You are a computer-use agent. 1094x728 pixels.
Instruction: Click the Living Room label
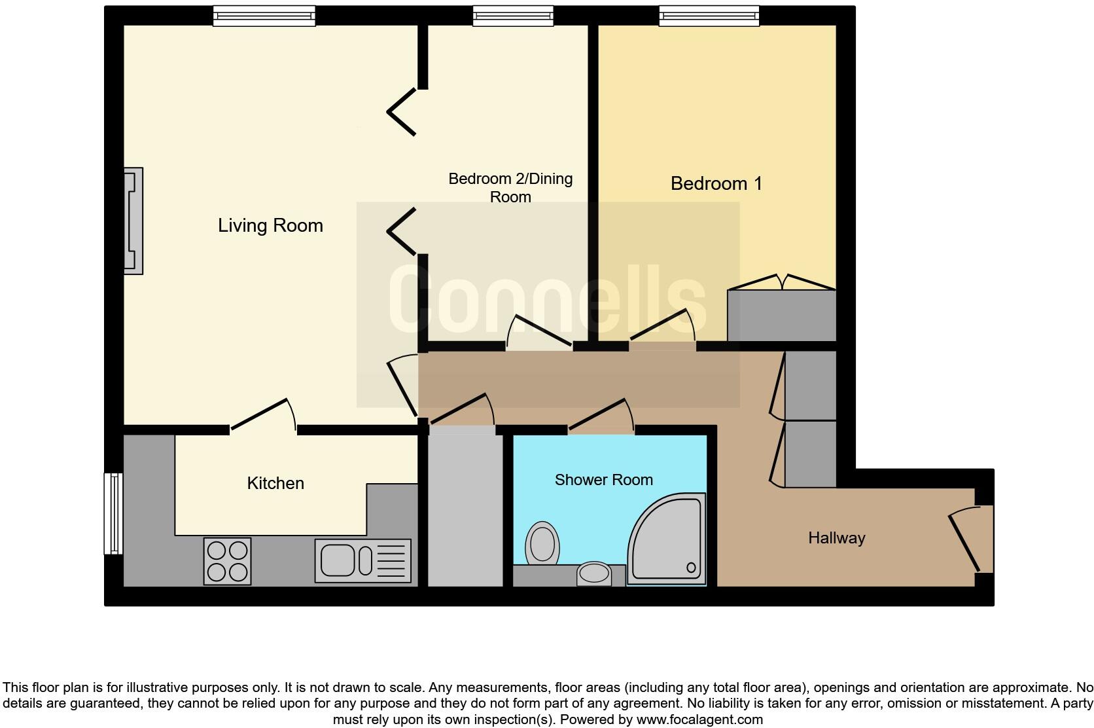coord(270,226)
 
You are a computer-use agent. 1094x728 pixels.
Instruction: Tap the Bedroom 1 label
coord(716,183)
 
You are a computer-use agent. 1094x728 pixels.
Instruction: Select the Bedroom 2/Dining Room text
coord(510,187)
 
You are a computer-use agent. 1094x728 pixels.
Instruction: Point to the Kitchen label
coord(275,483)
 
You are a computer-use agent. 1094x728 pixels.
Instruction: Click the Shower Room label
coord(603,480)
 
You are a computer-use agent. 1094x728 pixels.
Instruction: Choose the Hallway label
coord(836,538)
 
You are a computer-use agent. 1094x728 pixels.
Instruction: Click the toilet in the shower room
coord(542,543)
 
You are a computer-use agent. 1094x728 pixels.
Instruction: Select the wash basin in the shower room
coord(593,573)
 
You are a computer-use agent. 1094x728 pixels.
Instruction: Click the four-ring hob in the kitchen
coord(228,561)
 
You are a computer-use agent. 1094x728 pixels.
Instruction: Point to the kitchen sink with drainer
coord(362,560)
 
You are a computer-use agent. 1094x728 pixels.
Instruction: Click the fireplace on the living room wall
coord(134,221)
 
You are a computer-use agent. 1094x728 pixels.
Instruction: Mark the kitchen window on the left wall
coord(114,514)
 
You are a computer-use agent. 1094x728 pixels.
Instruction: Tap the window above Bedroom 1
coord(709,16)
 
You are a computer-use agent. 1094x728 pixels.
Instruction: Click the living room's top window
coord(264,16)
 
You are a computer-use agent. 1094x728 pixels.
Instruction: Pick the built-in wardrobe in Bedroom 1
coord(782,316)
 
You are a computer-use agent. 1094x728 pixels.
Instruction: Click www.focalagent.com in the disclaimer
coord(699,719)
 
